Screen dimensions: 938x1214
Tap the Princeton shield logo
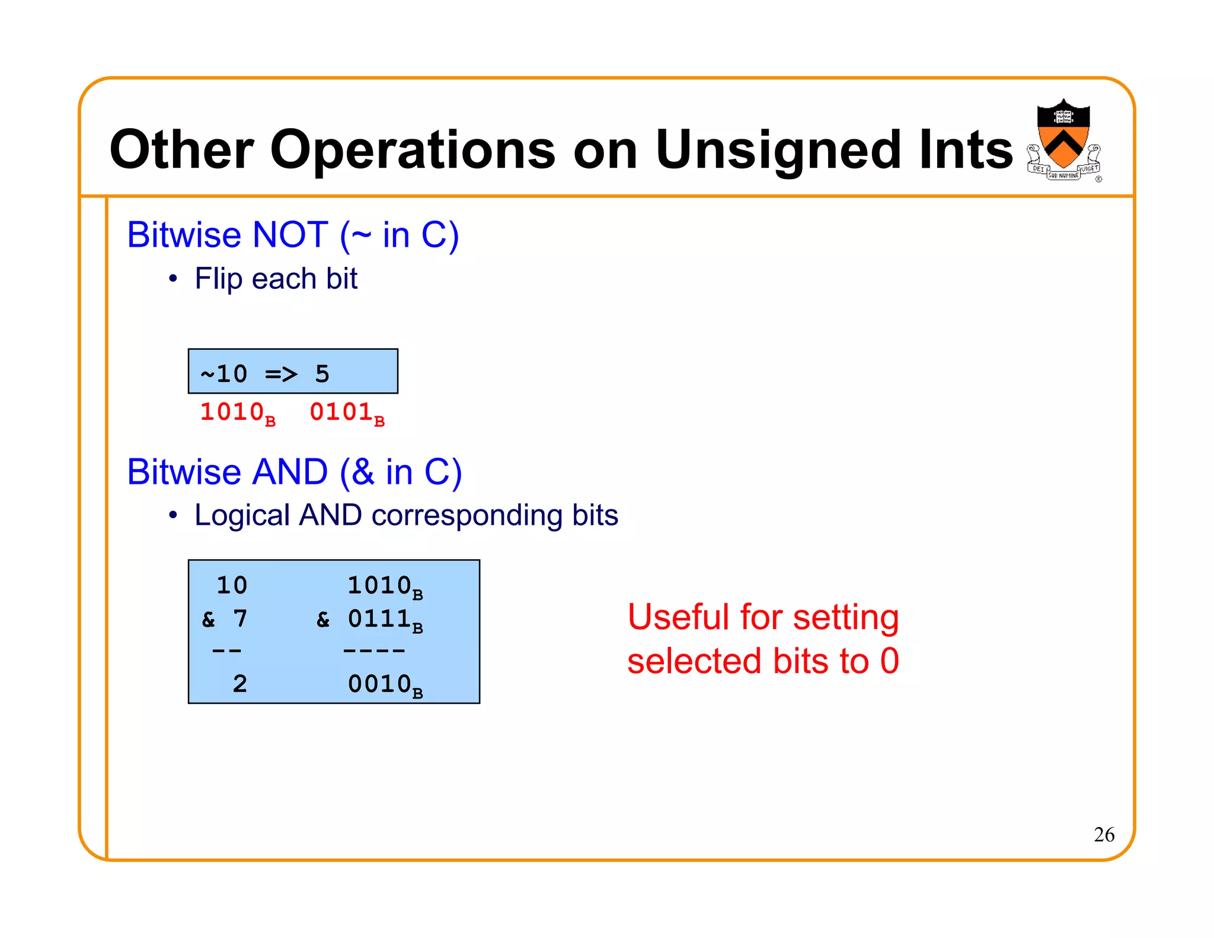pos(1063,140)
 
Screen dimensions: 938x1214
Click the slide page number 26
pos(1104,834)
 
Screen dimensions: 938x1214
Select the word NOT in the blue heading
pos(290,235)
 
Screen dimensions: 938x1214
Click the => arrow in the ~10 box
pos(281,374)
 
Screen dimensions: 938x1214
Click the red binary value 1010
pos(232,412)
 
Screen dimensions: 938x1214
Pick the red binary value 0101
pos(341,412)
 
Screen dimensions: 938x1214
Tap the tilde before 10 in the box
pos(207,375)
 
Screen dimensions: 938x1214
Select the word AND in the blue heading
pos(290,472)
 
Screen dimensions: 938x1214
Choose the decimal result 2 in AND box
pos(239,684)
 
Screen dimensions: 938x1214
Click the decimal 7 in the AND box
pos(239,619)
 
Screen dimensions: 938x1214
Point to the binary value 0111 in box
pos(379,619)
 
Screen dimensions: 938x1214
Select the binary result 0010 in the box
pos(379,684)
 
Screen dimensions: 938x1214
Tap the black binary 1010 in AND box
pos(379,586)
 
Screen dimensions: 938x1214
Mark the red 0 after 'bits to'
pos(889,661)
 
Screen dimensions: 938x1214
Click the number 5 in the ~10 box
pos(322,374)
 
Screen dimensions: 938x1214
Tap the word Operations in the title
pos(413,151)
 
